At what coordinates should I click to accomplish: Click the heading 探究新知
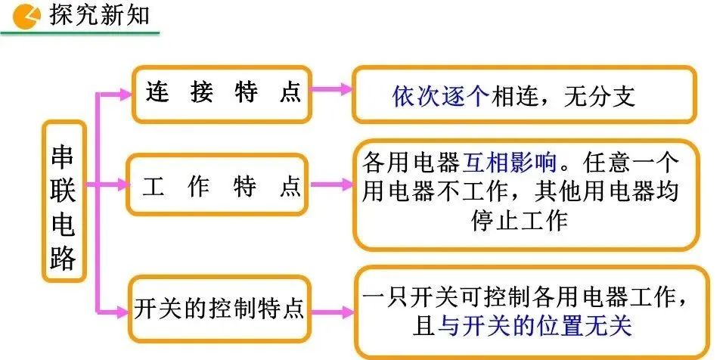click(x=98, y=14)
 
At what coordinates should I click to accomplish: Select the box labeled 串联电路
click(x=64, y=201)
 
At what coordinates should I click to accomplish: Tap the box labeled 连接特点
click(x=222, y=93)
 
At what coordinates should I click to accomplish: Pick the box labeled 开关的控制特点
click(x=219, y=309)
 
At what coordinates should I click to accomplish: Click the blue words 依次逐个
click(x=441, y=96)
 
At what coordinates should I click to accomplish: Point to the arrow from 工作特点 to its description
click(x=331, y=184)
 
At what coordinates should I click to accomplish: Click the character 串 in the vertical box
click(x=64, y=156)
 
